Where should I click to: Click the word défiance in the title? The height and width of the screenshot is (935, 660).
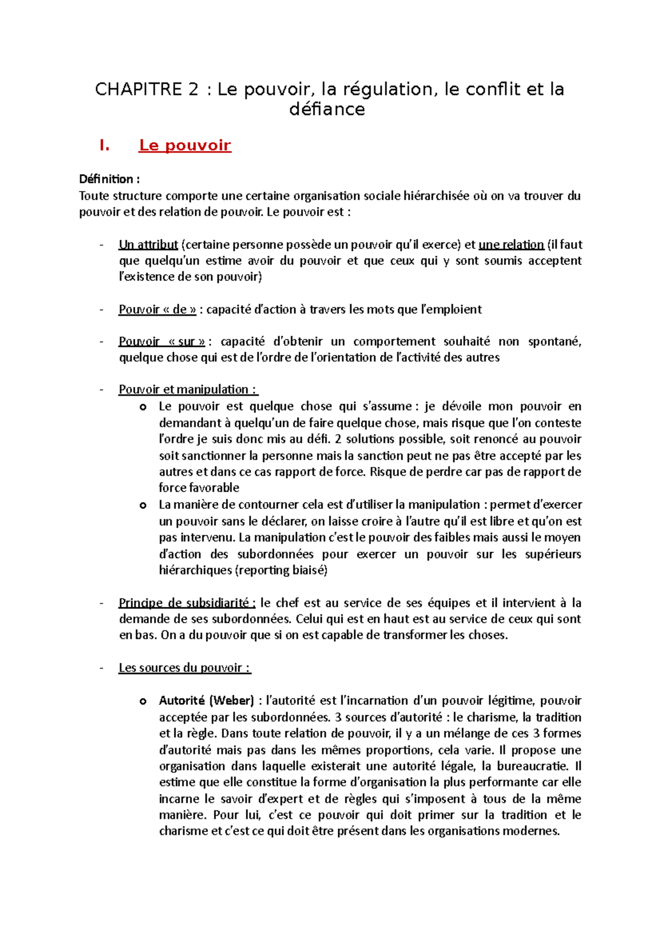pyautogui.click(x=327, y=110)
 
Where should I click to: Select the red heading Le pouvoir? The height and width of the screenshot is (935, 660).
pyautogui.click(x=185, y=145)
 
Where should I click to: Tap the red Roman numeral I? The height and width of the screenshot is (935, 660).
pyautogui.click(x=104, y=145)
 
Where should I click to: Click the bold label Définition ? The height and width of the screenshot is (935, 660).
pyautogui.click(x=109, y=179)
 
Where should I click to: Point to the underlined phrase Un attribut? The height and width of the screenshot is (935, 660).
pyautogui.click(x=148, y=244)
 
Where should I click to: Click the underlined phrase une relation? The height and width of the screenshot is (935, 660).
pyautogui.click(x=511, y=244)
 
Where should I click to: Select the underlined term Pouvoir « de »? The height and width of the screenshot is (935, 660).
pyautogui.click(x=157, y=309)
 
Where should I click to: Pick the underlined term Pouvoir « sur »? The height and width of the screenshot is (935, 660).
pyautogui.click(x=162, y=341)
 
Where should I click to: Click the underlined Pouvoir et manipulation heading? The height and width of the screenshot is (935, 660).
pyautogui.click(x=188, y=390)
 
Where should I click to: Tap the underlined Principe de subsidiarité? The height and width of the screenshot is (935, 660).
pyautogui.click(x=187, y=603)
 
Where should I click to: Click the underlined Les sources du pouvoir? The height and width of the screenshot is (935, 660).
pyautogui.click(x=184, y=668)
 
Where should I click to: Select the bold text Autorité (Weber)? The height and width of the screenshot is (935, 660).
pyautogui.click(x=206, y=701)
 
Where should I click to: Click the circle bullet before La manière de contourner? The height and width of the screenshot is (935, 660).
pyautogui.click(x=143, y=505)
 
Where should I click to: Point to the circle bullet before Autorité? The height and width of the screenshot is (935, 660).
pyautogui.click(x=143, y=702)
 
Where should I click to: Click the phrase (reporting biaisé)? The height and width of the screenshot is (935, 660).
pyautogui.click(x=281, y=570)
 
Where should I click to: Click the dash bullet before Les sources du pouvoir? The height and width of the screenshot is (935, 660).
pyautogui.click(x=101, y=668)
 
